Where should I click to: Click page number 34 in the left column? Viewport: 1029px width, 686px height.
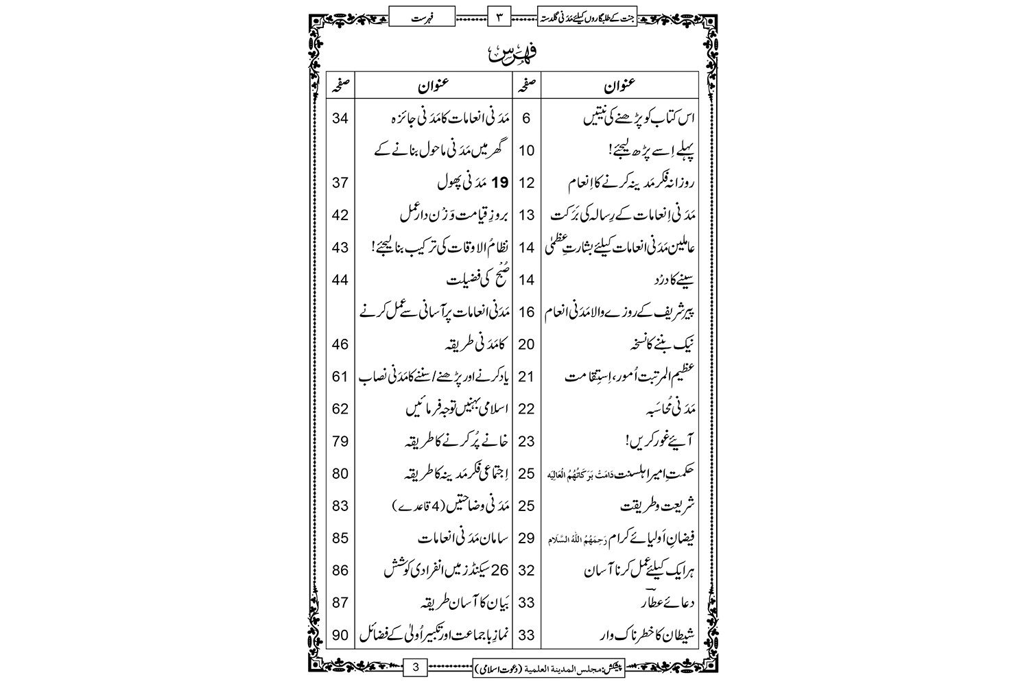(x=340, y=118)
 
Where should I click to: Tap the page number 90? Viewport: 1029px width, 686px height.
(x=340, y=635)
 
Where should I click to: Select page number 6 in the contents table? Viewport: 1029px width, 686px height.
(x=526, y=118)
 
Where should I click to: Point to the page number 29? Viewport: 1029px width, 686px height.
(x=526, y=538)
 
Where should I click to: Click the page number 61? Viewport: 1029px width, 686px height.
(x=340, y=377)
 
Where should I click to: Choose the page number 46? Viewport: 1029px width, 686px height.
(x=340, y=344)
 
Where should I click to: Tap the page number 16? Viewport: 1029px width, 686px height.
(x=526, y=312)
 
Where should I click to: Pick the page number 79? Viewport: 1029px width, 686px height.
(x=340, y=441)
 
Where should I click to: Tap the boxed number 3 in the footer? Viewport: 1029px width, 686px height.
(x=416, y=665)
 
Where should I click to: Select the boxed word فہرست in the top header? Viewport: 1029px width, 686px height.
(x=421, y=15)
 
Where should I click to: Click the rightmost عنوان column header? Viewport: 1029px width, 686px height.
(x=619, y=86)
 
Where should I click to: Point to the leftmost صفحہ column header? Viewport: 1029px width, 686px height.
(x=340, y=86)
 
